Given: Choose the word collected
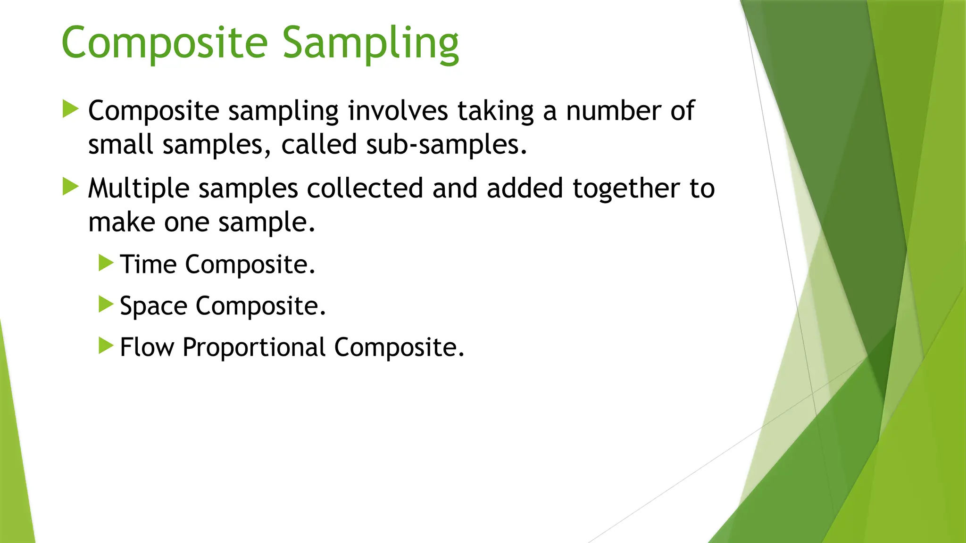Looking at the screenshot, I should click(x=365, y=189).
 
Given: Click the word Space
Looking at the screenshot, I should click(x=153, y=306).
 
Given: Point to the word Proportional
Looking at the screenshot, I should click(x=254, y=347).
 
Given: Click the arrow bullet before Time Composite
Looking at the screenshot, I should click(x=106, y=263).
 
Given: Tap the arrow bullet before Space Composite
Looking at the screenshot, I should click(x=106, y=304).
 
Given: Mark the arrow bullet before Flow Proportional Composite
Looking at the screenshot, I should click(x=106, y=346).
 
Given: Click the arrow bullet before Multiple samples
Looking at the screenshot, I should click(x=70, y=187).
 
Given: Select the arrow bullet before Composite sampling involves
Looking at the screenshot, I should click(x=70, y=109).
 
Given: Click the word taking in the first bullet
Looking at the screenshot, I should click(x=495, y=111).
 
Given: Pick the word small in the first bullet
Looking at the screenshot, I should click(x=121, y=145).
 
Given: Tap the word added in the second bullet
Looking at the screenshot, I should click(x=525, y=189).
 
